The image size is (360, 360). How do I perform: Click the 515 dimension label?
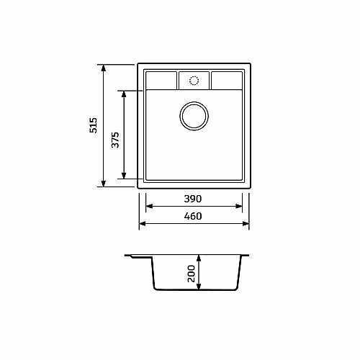(93, 125)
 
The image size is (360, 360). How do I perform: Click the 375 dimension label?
(115, 140)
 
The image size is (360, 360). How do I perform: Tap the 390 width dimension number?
(193, 199)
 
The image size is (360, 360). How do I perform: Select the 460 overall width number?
(193, 216)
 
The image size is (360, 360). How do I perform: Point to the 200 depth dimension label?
(192, 274)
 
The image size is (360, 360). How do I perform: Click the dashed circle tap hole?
(194, 81)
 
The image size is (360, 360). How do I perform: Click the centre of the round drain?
(194, 116)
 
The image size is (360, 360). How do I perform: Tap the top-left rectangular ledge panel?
(161, 81)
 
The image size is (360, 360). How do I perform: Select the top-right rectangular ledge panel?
(227, 81)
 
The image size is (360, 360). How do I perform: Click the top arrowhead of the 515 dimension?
(104, 68)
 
